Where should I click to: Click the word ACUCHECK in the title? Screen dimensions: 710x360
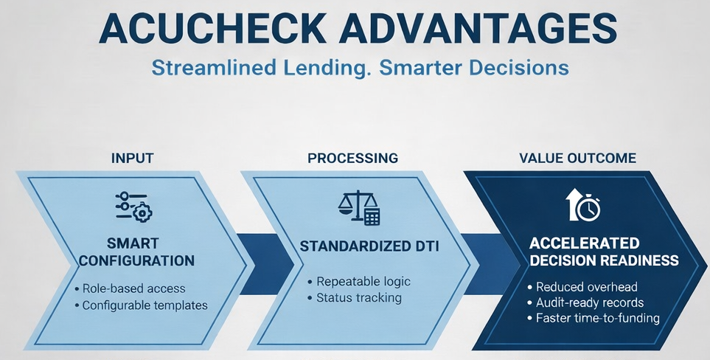pyautogui.click(x=212, y=29)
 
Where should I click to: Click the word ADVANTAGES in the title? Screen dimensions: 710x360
pyautogui.click(x=478, y=29)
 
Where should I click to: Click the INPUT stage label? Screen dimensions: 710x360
pyautogui.click(x=132, y=158)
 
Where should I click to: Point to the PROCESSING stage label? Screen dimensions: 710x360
pyautogui.click(x=352, y=158)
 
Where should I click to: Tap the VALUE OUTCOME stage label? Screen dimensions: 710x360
pyautogui.click(x=577, y=158)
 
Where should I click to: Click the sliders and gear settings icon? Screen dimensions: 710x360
pyautogui.click(x=133, y=207)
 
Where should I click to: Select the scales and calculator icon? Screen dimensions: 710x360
pyautogui.click(x=358, y=207)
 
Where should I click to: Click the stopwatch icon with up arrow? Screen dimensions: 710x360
pyautogui.click(x=582, y=204)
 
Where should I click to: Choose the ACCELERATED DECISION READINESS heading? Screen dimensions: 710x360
pyautogui.click(x=604, y=252)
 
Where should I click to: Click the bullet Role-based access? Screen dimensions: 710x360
pyautogui.click(x=130, y=288)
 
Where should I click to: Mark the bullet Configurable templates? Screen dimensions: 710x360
pyautogui.click(x=141, y=305)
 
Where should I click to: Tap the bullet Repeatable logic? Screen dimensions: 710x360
pyautogui.click(x=359, y=281)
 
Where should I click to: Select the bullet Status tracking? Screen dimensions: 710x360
pyautogui.click(x=355, y=297)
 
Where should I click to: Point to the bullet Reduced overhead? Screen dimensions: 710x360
pyautogui.click(x=582, y=287)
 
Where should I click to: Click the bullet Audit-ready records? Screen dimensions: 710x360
pyautogui.click(x=585, y=302)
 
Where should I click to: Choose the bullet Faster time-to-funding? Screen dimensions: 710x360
pyautogui.click(x=594, y=318)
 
